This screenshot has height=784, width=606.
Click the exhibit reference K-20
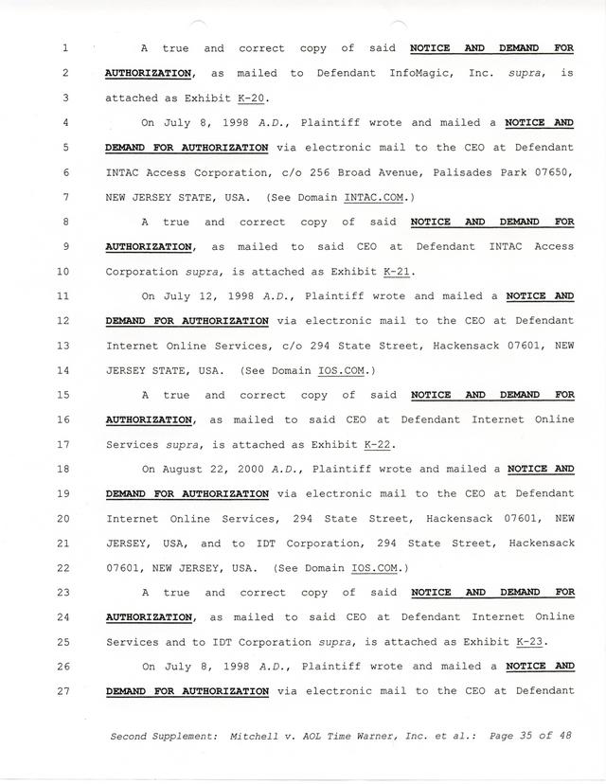click(x=252, y=98)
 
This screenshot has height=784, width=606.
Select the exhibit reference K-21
click(x=396, y=271)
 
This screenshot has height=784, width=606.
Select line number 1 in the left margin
click(x=64, y=48)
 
